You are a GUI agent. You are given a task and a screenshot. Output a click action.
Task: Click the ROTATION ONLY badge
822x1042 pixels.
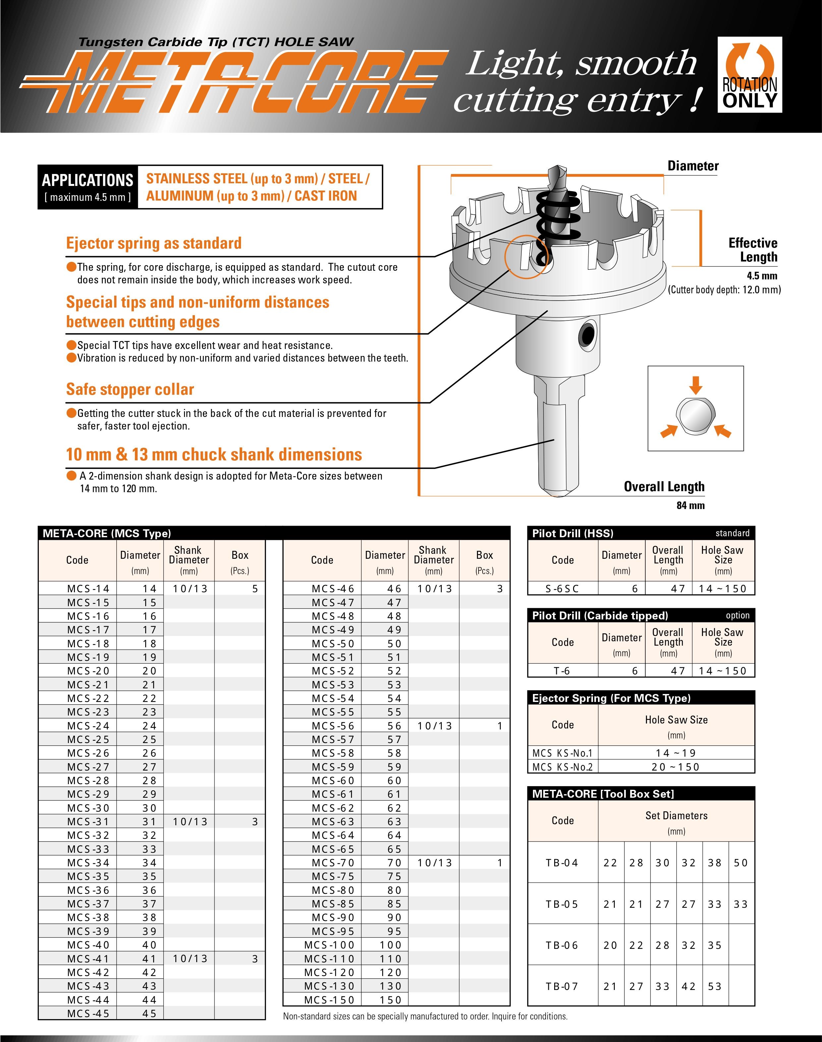[x=749, y=75]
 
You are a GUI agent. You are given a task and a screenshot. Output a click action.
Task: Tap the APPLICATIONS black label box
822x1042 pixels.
[x=88, y=187]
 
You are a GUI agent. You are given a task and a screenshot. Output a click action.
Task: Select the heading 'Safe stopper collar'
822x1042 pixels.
[x=130, y=389]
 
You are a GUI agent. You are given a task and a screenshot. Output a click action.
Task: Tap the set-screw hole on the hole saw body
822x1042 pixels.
[x=588, y=333]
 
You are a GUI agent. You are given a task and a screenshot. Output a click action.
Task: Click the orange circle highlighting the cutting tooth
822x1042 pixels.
[x=526, y=257]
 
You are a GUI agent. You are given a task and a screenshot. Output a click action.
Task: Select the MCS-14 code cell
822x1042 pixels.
[x=88, y=588]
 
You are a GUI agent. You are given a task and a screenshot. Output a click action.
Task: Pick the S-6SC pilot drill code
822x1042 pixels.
[x=562, y=588]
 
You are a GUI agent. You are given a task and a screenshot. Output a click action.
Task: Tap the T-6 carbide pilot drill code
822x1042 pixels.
[x=562, y=670]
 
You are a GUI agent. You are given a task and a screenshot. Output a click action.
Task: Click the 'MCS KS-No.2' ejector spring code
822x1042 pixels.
[x=562, y=767]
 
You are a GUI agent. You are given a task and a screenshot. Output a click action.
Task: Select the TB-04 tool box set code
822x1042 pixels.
[x=562, y=862]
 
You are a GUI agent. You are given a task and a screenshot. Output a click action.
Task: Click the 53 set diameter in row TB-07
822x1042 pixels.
[x=715, y=986]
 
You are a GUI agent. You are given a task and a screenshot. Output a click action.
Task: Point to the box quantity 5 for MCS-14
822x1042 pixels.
[x=255, y=588]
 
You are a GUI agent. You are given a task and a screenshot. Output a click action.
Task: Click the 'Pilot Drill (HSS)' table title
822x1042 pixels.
[x=573, y=533]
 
